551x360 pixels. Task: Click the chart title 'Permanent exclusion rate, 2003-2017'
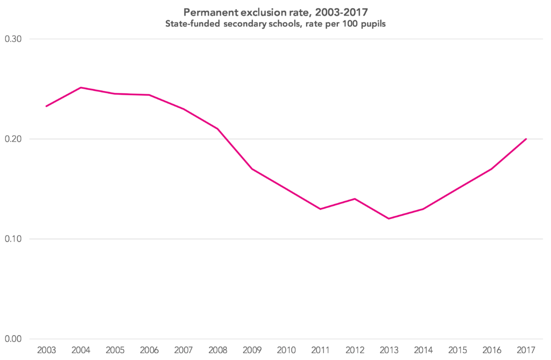click(x=275, y=11)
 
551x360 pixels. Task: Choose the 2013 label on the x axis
click(x=388, y=350)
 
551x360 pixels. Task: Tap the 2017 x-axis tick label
click(x=526, y=350)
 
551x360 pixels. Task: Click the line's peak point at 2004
click(x=80, y=87)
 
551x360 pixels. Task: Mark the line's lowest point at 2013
click(x=388, y=218)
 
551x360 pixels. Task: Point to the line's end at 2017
click(x=526, y=139)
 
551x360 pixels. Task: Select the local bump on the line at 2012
click(x=355, y=199)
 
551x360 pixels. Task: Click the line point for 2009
click(x=252, y=169)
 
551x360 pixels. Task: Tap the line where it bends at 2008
click(x=217, y=129)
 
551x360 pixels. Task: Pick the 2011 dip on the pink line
click(x=320, y=209)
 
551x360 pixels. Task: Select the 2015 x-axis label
click(x=457, y=350)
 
